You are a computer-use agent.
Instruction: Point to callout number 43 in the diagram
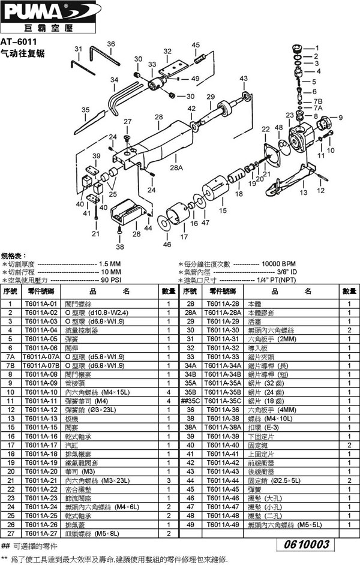tap(243, 79)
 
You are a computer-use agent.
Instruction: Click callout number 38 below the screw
tap(119, 247)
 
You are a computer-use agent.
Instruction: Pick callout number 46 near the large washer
tap(167, 244)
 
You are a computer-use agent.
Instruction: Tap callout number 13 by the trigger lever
tap(303, 193)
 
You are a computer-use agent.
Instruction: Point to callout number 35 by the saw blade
tap(85, 110)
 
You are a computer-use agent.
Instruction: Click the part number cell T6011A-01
tap(40, 304)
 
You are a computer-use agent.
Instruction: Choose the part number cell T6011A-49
tap(222, 524)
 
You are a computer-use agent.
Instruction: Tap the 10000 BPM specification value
tap(280, 264)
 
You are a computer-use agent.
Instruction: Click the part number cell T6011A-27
tap(40, 533)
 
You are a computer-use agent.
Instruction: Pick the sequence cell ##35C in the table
tap(190, 401)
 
